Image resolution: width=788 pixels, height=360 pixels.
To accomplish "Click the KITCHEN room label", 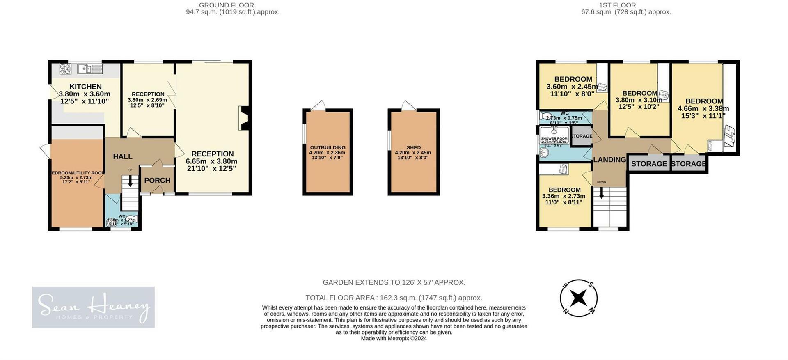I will coord(85,87).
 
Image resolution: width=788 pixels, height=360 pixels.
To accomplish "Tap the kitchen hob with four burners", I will coord(65,69).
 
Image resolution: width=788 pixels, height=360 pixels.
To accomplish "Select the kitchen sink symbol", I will coord(89,69).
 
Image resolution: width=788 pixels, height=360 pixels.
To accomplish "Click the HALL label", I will coord(123,156).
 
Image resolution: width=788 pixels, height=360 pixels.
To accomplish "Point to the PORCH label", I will coord(157,180).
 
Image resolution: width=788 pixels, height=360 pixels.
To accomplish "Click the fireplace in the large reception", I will coord(244,118).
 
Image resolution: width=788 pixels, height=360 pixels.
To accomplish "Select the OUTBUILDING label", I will coord(328,147).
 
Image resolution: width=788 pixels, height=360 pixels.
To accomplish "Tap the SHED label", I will coord(413,147).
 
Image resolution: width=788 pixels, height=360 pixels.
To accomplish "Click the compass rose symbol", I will coord(579,298).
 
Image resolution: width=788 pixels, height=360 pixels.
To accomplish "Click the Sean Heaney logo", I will coord(94,307).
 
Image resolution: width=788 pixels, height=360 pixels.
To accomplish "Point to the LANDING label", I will coord(609,160).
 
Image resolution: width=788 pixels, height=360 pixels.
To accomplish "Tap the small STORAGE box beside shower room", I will coord(582,136).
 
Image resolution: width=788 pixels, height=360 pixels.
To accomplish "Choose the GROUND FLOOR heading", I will coord(226,5).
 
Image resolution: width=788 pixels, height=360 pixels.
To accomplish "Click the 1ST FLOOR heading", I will coord(611,5).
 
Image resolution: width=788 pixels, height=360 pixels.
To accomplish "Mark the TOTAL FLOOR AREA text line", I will coord(394,298).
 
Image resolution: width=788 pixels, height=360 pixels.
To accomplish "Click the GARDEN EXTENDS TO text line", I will coord(394,282).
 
